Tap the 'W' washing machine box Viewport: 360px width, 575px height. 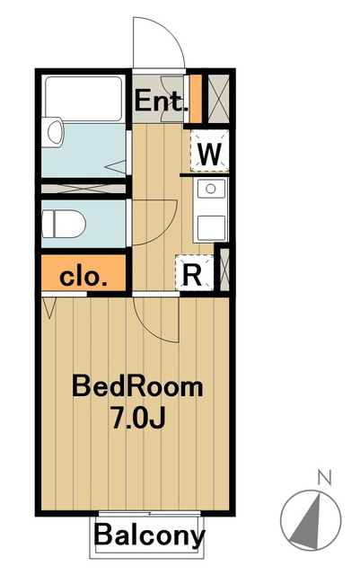pos(209,153)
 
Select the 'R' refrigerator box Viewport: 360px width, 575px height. pos(192,275)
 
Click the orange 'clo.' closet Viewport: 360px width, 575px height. pos(84,275)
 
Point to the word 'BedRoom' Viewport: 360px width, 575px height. pos(138,388)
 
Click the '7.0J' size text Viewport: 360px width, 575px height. pos(138,419)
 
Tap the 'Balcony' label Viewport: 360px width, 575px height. pos(150,536)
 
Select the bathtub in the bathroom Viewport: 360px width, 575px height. pos(83,99)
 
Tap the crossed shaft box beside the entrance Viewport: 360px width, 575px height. pos(217,97)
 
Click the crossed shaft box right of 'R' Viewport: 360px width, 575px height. pos(224,272)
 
